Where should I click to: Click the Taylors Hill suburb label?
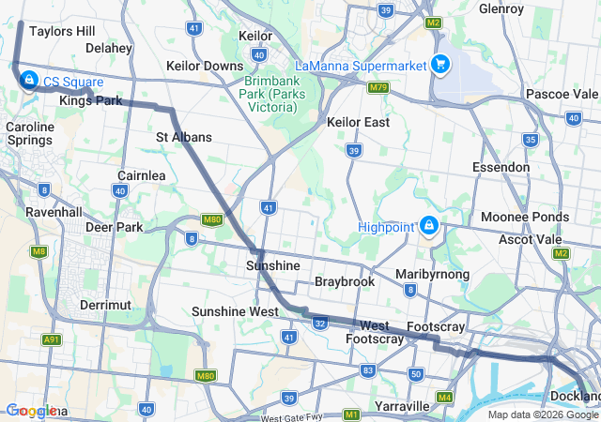point(62,31)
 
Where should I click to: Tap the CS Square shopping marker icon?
point(29,80)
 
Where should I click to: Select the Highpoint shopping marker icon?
point(428,225)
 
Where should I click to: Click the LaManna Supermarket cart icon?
point(439,64)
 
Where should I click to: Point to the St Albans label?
point(184,137)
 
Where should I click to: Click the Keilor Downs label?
point(204,66)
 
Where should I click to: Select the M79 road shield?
point(378,87)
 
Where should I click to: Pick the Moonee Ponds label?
point(524,217)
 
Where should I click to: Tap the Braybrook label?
point(345,281)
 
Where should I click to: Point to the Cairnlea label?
point(142,175)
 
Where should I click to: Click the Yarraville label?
point(402,406)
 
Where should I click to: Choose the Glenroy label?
point(501,8)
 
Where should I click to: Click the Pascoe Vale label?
point(562,94)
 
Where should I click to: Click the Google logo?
point(32,411)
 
